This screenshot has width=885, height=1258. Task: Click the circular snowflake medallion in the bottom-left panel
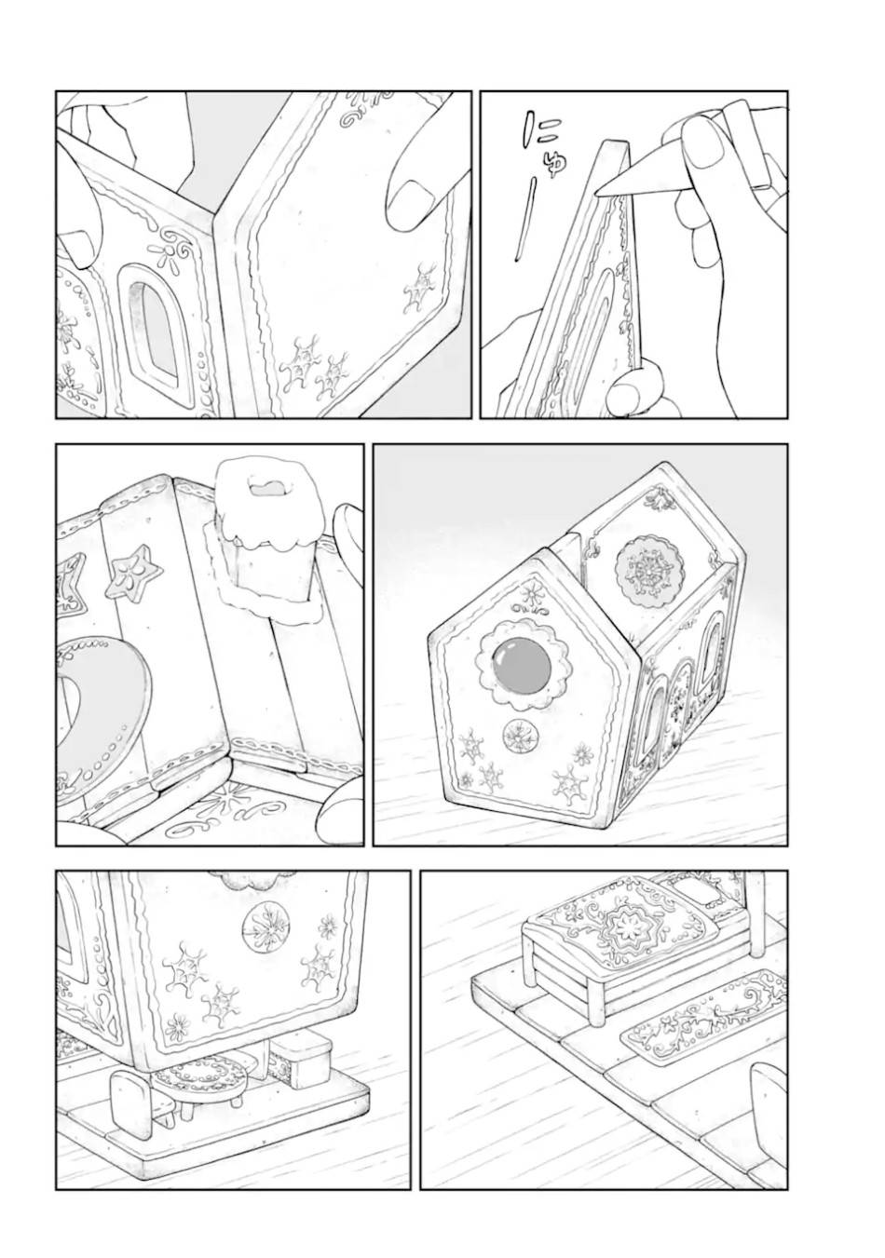[265, 929]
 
